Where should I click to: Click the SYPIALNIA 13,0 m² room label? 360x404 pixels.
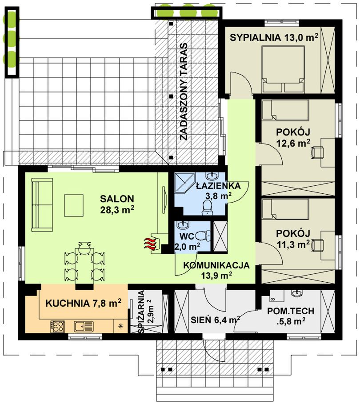coord(274,38)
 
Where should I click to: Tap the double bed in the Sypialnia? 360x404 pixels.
coord(283,69)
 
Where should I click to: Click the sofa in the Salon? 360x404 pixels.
coord(42,205)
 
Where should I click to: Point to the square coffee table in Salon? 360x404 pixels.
coord(74,205)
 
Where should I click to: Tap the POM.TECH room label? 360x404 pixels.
coord(290,316)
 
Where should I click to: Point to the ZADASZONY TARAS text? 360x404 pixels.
coord(184,92)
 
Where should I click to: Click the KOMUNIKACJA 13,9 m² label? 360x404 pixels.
coord(216,270)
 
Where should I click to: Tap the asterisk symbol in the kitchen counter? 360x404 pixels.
coord(120,326)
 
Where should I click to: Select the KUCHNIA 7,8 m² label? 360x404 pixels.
coord(83,303)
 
